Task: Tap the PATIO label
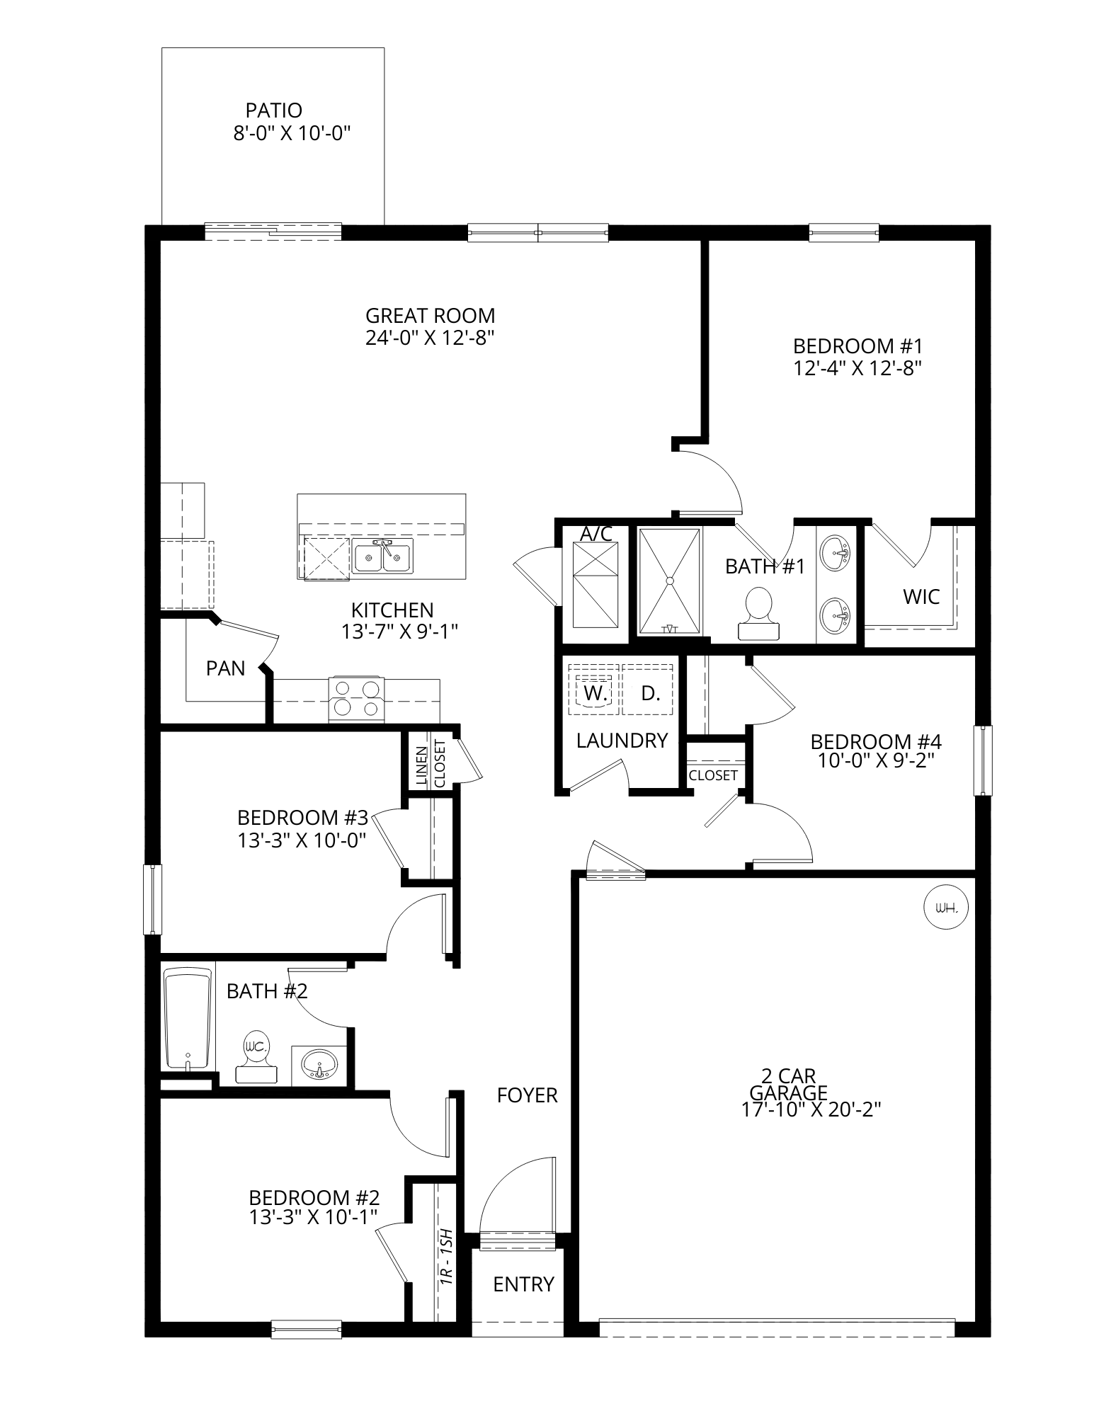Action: tap(274, 110)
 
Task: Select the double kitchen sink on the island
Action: tap(383, 556)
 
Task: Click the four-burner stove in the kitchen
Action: tap(356, 699)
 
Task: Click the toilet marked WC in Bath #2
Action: tap(255, 1056)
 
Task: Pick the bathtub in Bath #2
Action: tap(188, 1020)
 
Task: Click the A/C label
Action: tap(596, 535)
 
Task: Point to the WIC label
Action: tap(921, 597)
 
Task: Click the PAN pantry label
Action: tap(226, 668)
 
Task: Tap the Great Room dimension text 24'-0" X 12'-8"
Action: tap(429, 338)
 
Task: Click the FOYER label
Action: tap(528, 1096)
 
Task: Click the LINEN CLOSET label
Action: tap(431, 764)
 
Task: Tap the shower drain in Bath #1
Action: tap(669, 581)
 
